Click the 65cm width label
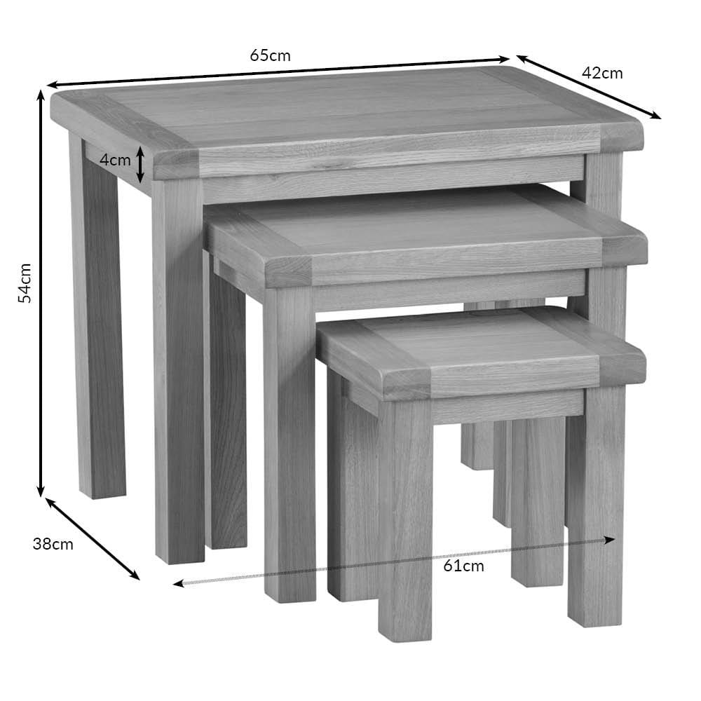click(x=270, y=55)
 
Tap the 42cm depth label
click(x=602, y=73)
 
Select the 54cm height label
click(x=25, y=283)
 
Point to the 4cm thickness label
click(x=115, y=160)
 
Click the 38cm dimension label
click(x=53, y=544)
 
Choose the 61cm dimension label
click(x=463, y=566)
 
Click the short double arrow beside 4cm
click(x=140, y=165)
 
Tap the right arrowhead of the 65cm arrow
click(x=504, y=59)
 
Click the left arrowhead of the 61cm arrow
click(x=179, y=583)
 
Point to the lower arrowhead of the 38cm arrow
click(x=135, y=575)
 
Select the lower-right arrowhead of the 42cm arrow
click(x=655, y=116)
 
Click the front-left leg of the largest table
click(x=179, y=371)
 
